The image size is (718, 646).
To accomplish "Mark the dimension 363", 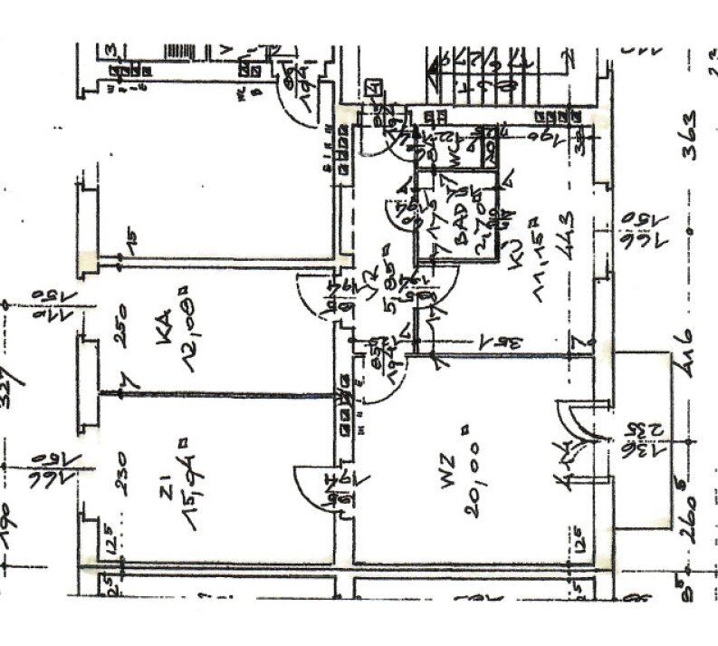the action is coord(690,135).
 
